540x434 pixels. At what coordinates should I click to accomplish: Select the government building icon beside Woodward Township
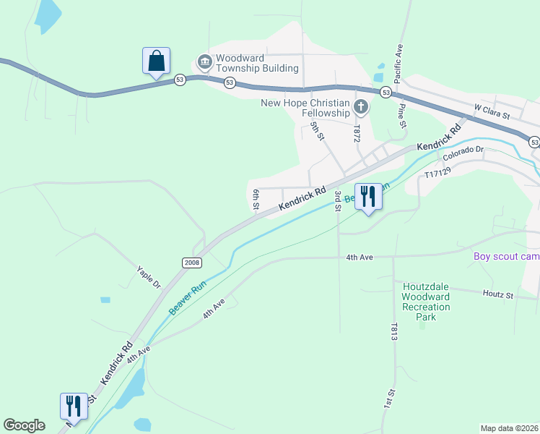click(x=204, y=61)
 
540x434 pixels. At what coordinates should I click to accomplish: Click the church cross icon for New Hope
click(x=361, y=109)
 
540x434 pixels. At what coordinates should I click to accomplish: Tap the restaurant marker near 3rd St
click(x=369, y=197)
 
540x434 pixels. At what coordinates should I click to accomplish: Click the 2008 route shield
click(x=191, y=263)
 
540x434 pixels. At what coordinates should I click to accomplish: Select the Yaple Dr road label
click(x=148, y=277)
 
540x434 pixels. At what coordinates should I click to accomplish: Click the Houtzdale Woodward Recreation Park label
click(x=426, y=297)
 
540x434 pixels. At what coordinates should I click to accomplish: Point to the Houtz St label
click(x=497, y=295)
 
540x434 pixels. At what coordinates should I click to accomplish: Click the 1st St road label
click(x=390, y=399)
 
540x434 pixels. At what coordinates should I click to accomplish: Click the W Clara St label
click(x=492, y=111)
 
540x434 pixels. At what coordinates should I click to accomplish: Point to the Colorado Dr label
click(x=463, y=153)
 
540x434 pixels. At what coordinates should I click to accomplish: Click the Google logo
click(x=24, y=425)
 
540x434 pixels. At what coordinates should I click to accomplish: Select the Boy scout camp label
click(x=506, y=257)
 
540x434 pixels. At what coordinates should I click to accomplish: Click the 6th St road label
click(x=256, y=199)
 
